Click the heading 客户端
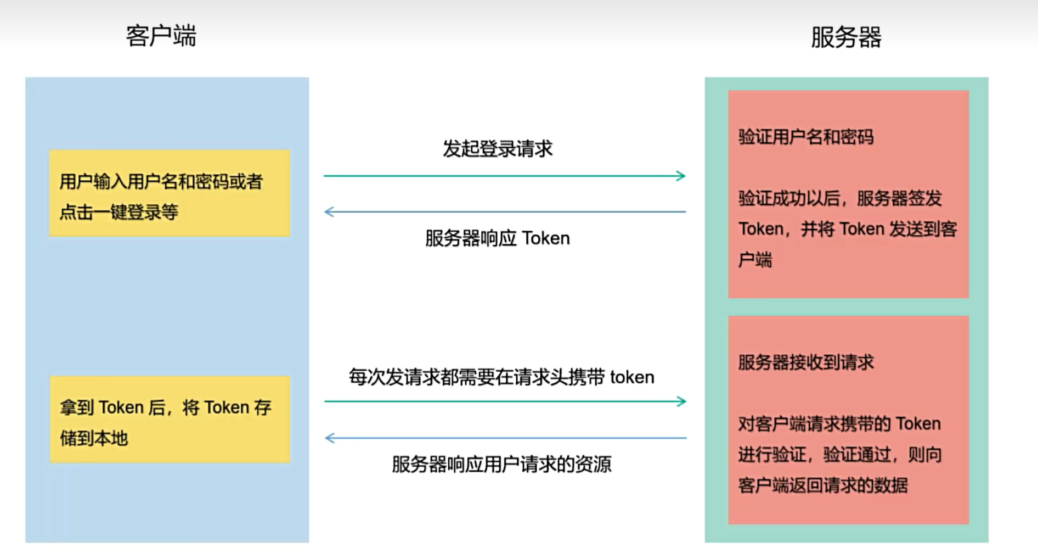pyautogui.click(x=161, y=36)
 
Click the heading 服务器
pyautogui.click(x=846, y=37)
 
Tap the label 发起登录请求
pyautogui.click(x=498, y=149)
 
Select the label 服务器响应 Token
pyautogui.click(x=498, y=238)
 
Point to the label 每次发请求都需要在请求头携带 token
pyautogui.click(x=501, y=377)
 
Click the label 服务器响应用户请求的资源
pyautogui.click(x=501, y=465)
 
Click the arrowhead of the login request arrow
pyautogui.click(x=681, y=176)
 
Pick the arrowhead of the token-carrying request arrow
pyautogui.click(x=681, y=401)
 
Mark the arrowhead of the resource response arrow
pyautogui.click(x=330, y=438)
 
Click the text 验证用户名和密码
pyautogui.click(x=805, y=137)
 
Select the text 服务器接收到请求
pyautogui.click(x=805, y=362)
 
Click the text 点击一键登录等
pyautogui.click(x=119, y=213)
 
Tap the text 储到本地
pyautogui.click(x=94, y=438)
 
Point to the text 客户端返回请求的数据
pyautogui.click(x=823, y=485)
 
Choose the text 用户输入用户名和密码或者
pyautogui.click(x=161, y=182)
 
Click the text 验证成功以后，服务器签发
pyautogui.click(x=840, y=198)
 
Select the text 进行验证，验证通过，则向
pyautogui.click(x=840, y=455)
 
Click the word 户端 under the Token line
pyautogui.click(x=755, y=260)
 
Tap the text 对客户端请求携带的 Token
pyautogui.click(x=839, y=424)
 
